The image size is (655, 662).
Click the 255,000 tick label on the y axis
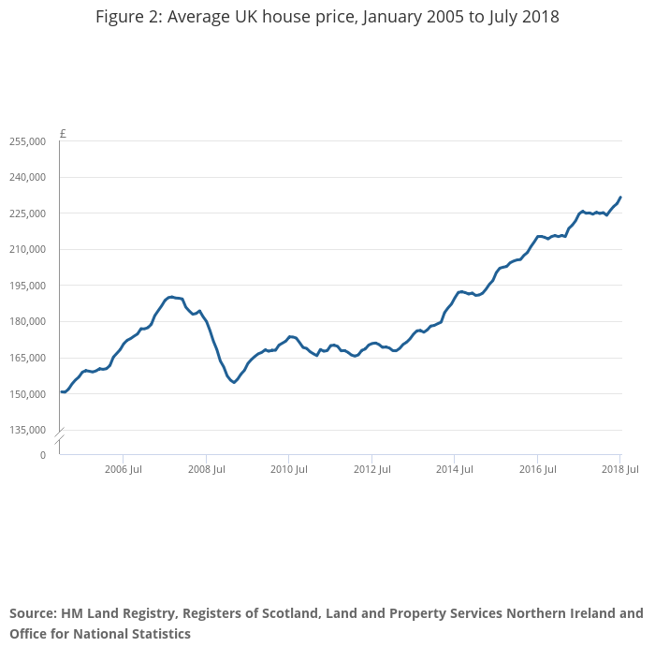coord(27,141)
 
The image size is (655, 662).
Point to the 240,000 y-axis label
coord(27,178)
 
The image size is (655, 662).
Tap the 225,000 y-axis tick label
coord(27,213)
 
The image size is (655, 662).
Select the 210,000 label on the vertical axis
coord(27,250)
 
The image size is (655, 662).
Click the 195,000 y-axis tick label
coord(27,286)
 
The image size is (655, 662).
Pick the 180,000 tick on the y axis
coord(27,322)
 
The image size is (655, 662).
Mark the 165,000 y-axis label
coord(27,359)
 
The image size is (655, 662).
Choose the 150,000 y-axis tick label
coord(27,394)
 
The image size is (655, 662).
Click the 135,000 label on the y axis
coord(27,431)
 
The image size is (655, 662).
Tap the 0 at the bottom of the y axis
coord(42,455)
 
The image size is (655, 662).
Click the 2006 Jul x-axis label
coord(123,469)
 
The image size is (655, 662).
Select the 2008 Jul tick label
coord(206,469)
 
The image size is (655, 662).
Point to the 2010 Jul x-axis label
coord(288,469)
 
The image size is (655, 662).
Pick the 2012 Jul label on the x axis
coord(371,469)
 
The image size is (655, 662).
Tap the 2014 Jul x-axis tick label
coord(454,469)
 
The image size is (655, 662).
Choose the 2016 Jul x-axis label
coord(537,469)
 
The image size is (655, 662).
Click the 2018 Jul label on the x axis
coord(619,469)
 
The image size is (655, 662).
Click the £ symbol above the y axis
coord(63,134)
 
